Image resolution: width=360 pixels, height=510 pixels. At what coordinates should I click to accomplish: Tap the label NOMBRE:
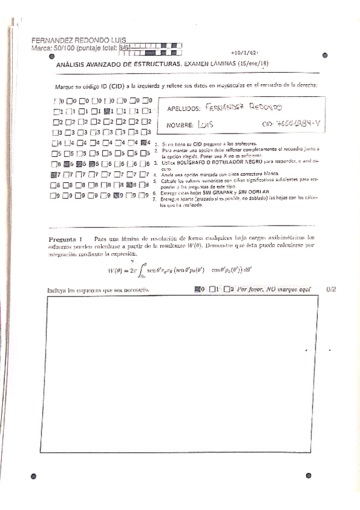click(x=178, y=125)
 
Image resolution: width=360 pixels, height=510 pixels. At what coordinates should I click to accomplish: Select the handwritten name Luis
click(x=206, y=124)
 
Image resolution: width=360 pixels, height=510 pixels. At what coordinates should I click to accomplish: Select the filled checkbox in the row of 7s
click(x=55, y=174)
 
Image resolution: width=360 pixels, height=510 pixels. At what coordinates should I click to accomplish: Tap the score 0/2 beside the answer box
click(x=331, y=289)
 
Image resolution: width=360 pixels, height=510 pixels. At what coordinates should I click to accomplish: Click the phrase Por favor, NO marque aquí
click(x=273, y=289)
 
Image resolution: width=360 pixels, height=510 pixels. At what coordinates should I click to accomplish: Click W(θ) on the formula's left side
click(x=115, y=270)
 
